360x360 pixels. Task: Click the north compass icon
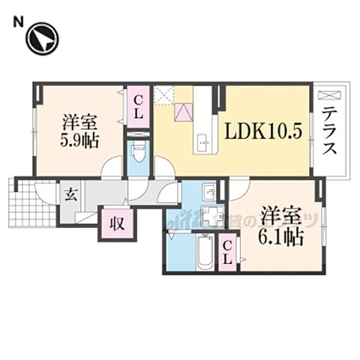tap(42, 39)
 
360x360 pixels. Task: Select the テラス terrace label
tap(329, 131)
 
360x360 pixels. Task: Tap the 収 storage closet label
tap(118, 222)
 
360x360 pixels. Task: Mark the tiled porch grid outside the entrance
tap(33, 202)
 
